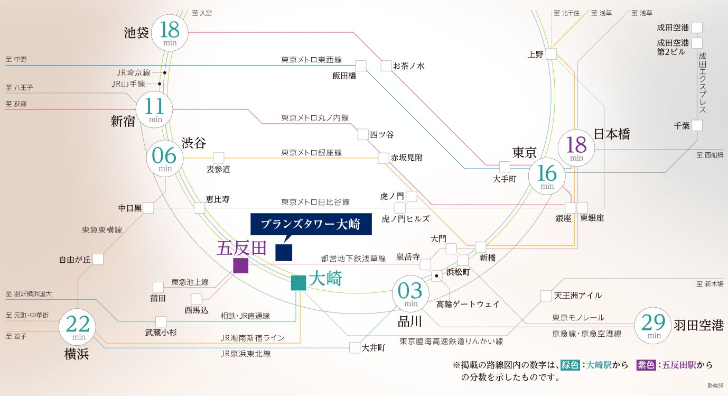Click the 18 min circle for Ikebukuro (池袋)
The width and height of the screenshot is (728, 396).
click(x=170, y=32)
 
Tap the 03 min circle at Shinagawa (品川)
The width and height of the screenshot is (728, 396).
click(x=410, y=294)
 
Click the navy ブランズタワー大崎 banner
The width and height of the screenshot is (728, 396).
click(x=311, y=224)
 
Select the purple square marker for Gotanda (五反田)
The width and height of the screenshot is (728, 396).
click(x=240, y=265)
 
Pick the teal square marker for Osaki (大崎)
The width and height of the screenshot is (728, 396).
click(x=298, y=283)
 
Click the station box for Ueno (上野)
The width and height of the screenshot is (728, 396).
click(x=552, y=54)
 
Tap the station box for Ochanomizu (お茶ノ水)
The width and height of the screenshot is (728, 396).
click(x=386, y=66)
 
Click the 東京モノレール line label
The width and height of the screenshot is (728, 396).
click(x=578, y=318)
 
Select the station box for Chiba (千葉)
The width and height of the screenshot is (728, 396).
click(x=697, y=125)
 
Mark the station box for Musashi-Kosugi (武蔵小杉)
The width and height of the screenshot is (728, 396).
click(x=161, y=321)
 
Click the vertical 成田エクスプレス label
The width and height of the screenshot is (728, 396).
click(x=702, y=82)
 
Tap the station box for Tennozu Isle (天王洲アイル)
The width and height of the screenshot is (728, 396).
click(x=546, y=295)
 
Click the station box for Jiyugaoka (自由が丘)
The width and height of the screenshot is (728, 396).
click(x=98, y=259)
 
